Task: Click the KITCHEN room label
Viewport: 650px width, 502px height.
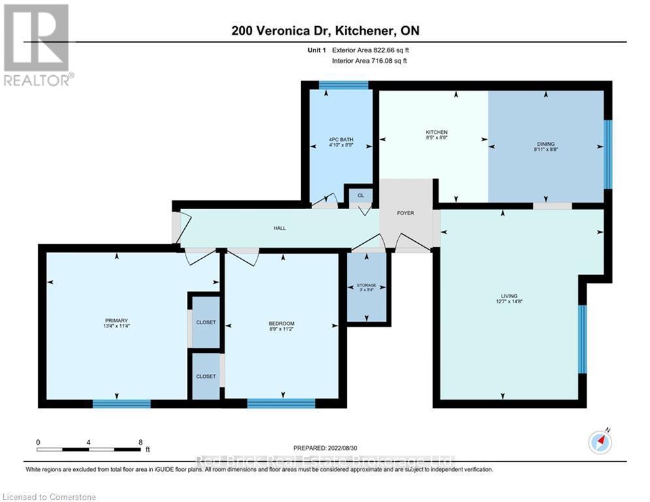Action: pos(436,133)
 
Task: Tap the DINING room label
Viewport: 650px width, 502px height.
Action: pos(546,144)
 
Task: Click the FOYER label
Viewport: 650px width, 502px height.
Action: pos(406,212)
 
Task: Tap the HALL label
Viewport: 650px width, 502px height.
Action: pos(280,228)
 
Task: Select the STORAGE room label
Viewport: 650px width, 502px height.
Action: pos(366,286)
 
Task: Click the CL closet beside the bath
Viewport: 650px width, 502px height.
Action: pos(359,195)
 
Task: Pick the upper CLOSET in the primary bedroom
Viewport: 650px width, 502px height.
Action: pos(206,323)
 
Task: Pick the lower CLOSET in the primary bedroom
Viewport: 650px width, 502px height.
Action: pos(206,376)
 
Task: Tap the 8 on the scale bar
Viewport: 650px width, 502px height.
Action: pos(140,442)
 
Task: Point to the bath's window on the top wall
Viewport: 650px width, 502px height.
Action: pos(344,84)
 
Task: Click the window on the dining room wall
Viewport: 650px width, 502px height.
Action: pos(608,154)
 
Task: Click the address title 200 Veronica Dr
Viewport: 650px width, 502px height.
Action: pos(325,30)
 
